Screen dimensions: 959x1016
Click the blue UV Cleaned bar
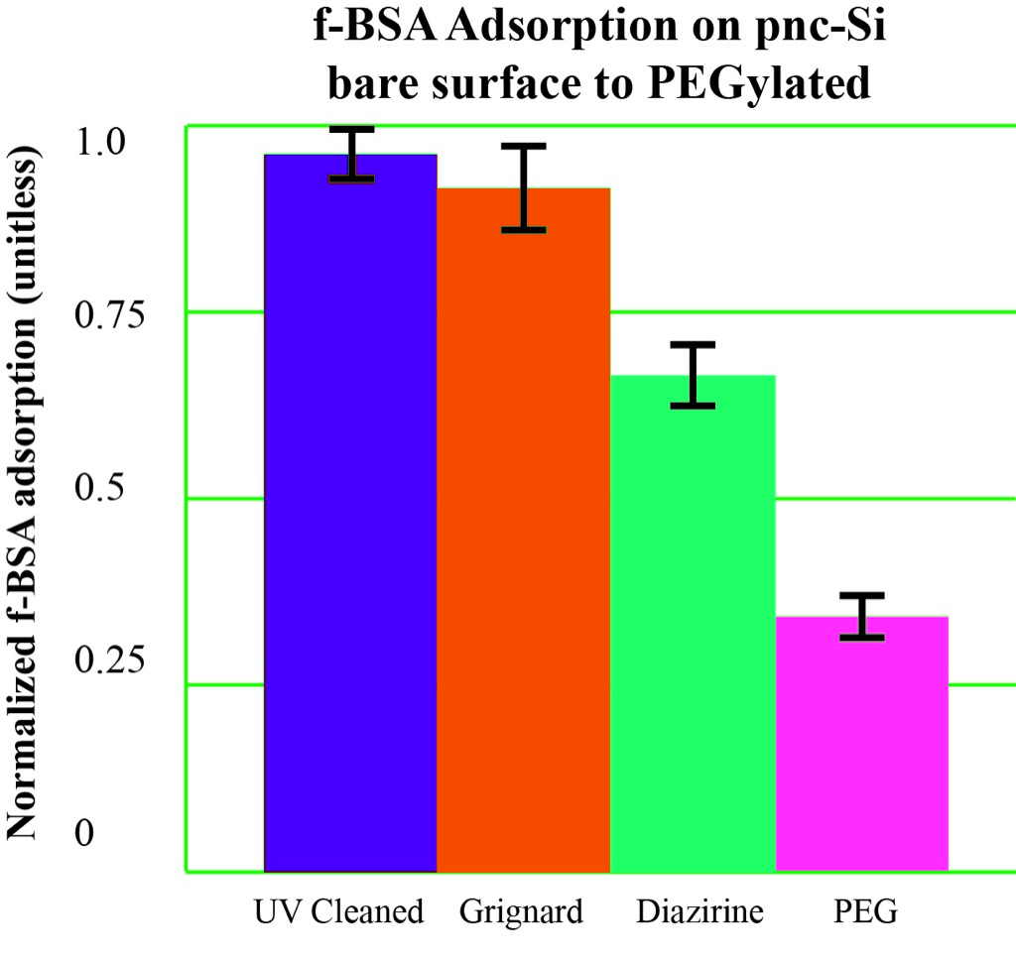pos(350,516)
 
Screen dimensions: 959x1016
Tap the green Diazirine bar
pos(693,625)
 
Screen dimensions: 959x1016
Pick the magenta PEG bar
pos(861,744)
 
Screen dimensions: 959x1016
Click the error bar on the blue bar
pos(351,155)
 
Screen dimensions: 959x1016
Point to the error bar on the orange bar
pos(523,187)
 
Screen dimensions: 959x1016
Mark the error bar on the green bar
pos(693,375)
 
